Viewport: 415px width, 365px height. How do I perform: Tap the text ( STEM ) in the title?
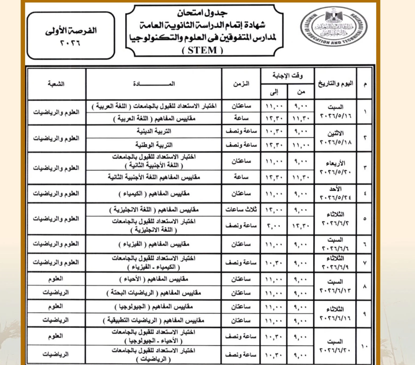pyautogui.click(x=202, y=50)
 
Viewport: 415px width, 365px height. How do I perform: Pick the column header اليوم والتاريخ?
pyautogui.click(x=335, y=84)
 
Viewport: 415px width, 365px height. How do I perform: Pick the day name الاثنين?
pyautogui.click(x=335, y=133)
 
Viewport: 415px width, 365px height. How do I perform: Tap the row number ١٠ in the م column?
pyautogui.click(x=365, y=347)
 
